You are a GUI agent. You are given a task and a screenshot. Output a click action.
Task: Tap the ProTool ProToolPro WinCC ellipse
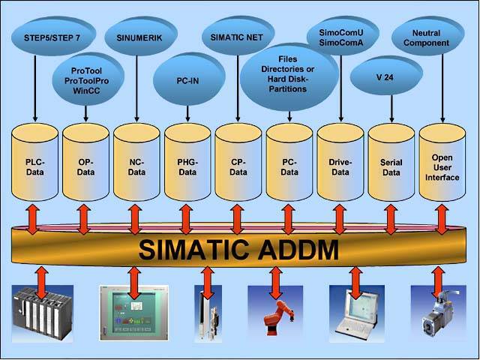tap(87, 79)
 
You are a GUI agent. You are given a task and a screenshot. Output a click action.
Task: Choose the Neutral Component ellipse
tap(441, 37)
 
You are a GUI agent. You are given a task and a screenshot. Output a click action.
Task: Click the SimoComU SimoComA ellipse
tap(341, 38)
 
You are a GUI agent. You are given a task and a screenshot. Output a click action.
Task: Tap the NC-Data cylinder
tap(136, 166)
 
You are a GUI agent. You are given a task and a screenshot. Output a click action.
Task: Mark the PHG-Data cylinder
tap(187, 166)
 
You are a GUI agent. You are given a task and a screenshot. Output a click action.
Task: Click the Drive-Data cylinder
tap(340, 166)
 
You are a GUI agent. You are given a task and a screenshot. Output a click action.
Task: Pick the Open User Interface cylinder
tap(442, 166)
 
